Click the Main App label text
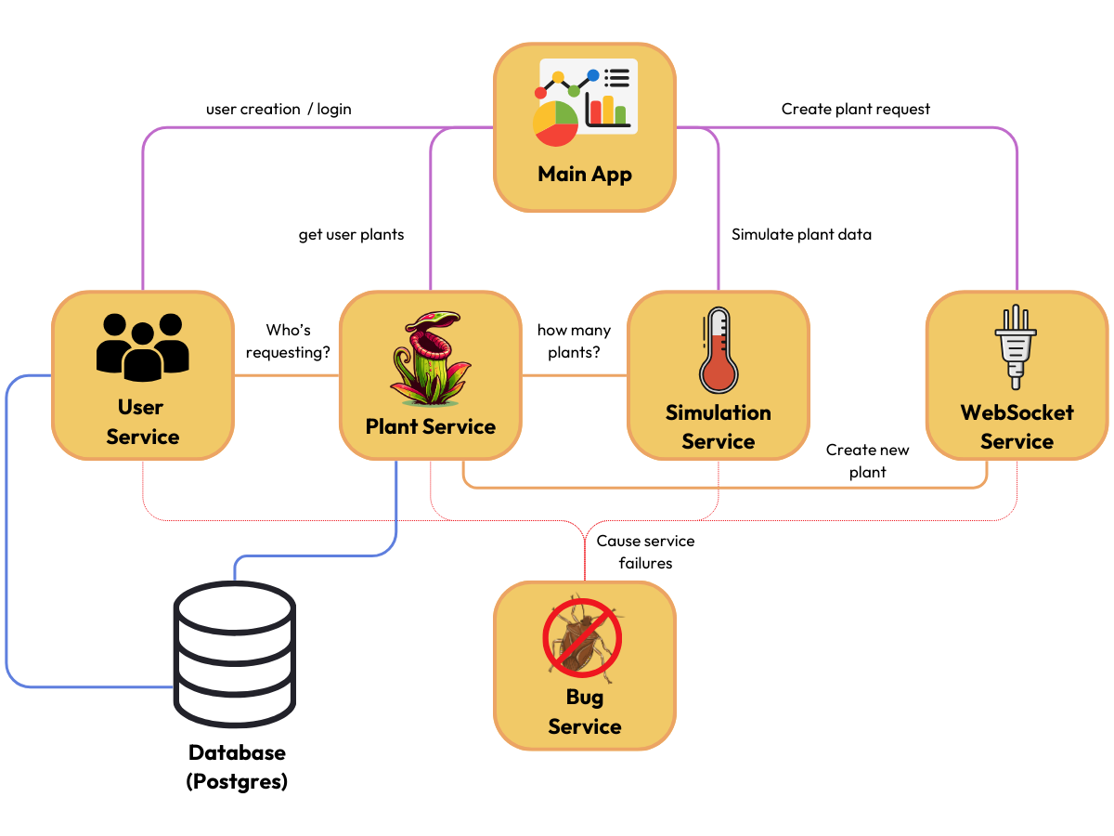click(585, 174)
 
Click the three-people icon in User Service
click(142, 346)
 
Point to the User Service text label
click(142, 422)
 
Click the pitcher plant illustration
click(429, 358)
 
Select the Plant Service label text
click(430, 426)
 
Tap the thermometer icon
click(718, 350)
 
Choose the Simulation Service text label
click(718, 426)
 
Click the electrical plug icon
click(1016, 346)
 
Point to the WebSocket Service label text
click(1017, 426)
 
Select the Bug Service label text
click(584, 712)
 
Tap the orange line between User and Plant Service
click(286, 375)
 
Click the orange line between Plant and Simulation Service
click(574, 375)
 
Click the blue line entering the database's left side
click(93, 687)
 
